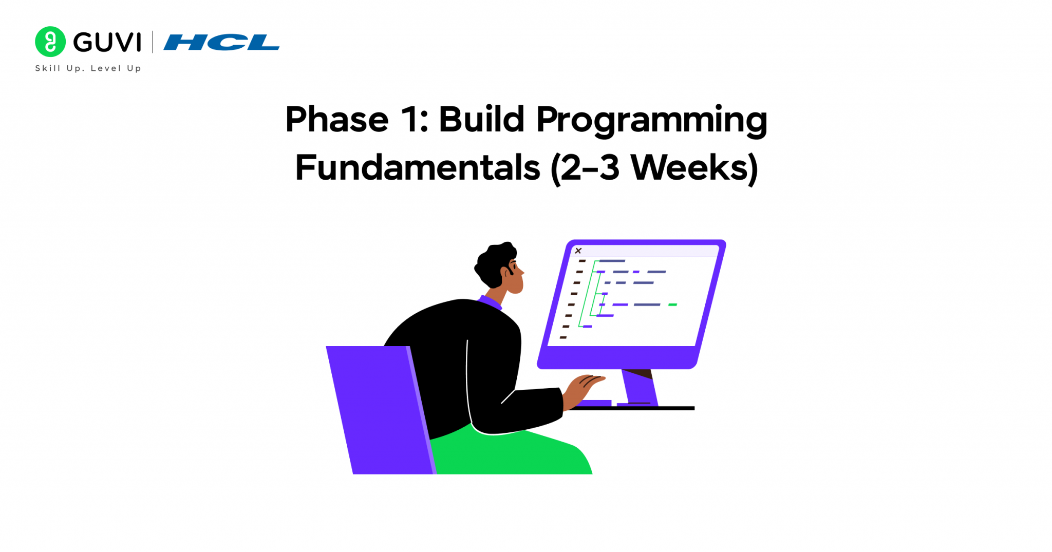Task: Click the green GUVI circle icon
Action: (x=50, y=42)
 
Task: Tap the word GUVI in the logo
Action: (x=107, y=42)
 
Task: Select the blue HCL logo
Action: (x=221, y=43)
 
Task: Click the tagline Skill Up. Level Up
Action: (x=88, y=68)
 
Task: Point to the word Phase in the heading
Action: (x=336, y=120)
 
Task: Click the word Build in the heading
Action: (x=481, y=120)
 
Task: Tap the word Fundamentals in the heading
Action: (x=417, y=168)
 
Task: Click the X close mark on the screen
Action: (x=578, y=251)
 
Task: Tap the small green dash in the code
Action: (x=672, y=304)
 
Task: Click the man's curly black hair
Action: (x=495, y=262)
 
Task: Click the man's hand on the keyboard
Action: (x=586, y=385)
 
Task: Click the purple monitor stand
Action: (x=640, y=388)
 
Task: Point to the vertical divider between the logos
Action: (x=152, y=42)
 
